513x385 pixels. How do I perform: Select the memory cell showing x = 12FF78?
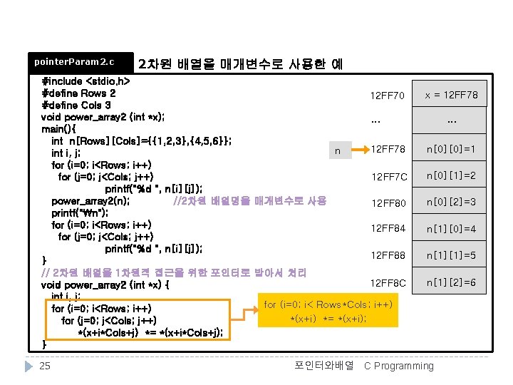[451, 95]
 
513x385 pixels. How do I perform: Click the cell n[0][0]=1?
[451, 149]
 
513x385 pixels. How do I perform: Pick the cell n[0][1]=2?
[451, 175]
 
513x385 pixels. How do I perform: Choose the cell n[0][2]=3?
[451, 202]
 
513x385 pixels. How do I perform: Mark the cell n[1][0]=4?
[451, 229]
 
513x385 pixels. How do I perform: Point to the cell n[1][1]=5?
[451, 255]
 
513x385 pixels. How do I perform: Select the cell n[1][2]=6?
[451, 283]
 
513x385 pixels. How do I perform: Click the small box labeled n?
[338, 150]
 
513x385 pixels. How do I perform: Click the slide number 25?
[44, 366]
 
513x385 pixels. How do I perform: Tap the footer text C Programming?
[398, 366]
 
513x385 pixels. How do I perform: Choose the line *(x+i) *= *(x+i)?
[328, 318]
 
